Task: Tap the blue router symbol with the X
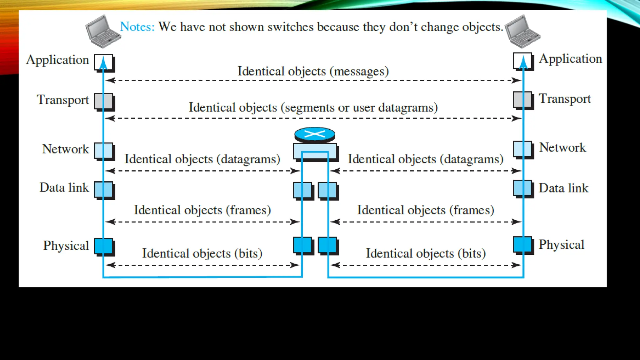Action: [315, 135]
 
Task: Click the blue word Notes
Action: [137, 27]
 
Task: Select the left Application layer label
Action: [58, 60]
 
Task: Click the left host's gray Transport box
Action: [104, 101]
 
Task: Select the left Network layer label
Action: [66, 149]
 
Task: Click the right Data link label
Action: [563, 188]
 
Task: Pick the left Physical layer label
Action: [66, 246]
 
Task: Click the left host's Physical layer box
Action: [104, 246]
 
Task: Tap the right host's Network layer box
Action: [522, 149]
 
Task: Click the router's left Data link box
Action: [302, 190]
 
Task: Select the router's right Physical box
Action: [327, 245]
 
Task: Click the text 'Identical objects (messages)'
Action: [313, 71]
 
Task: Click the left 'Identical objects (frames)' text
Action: [202, 210]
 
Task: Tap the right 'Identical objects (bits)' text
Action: [426, 253]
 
